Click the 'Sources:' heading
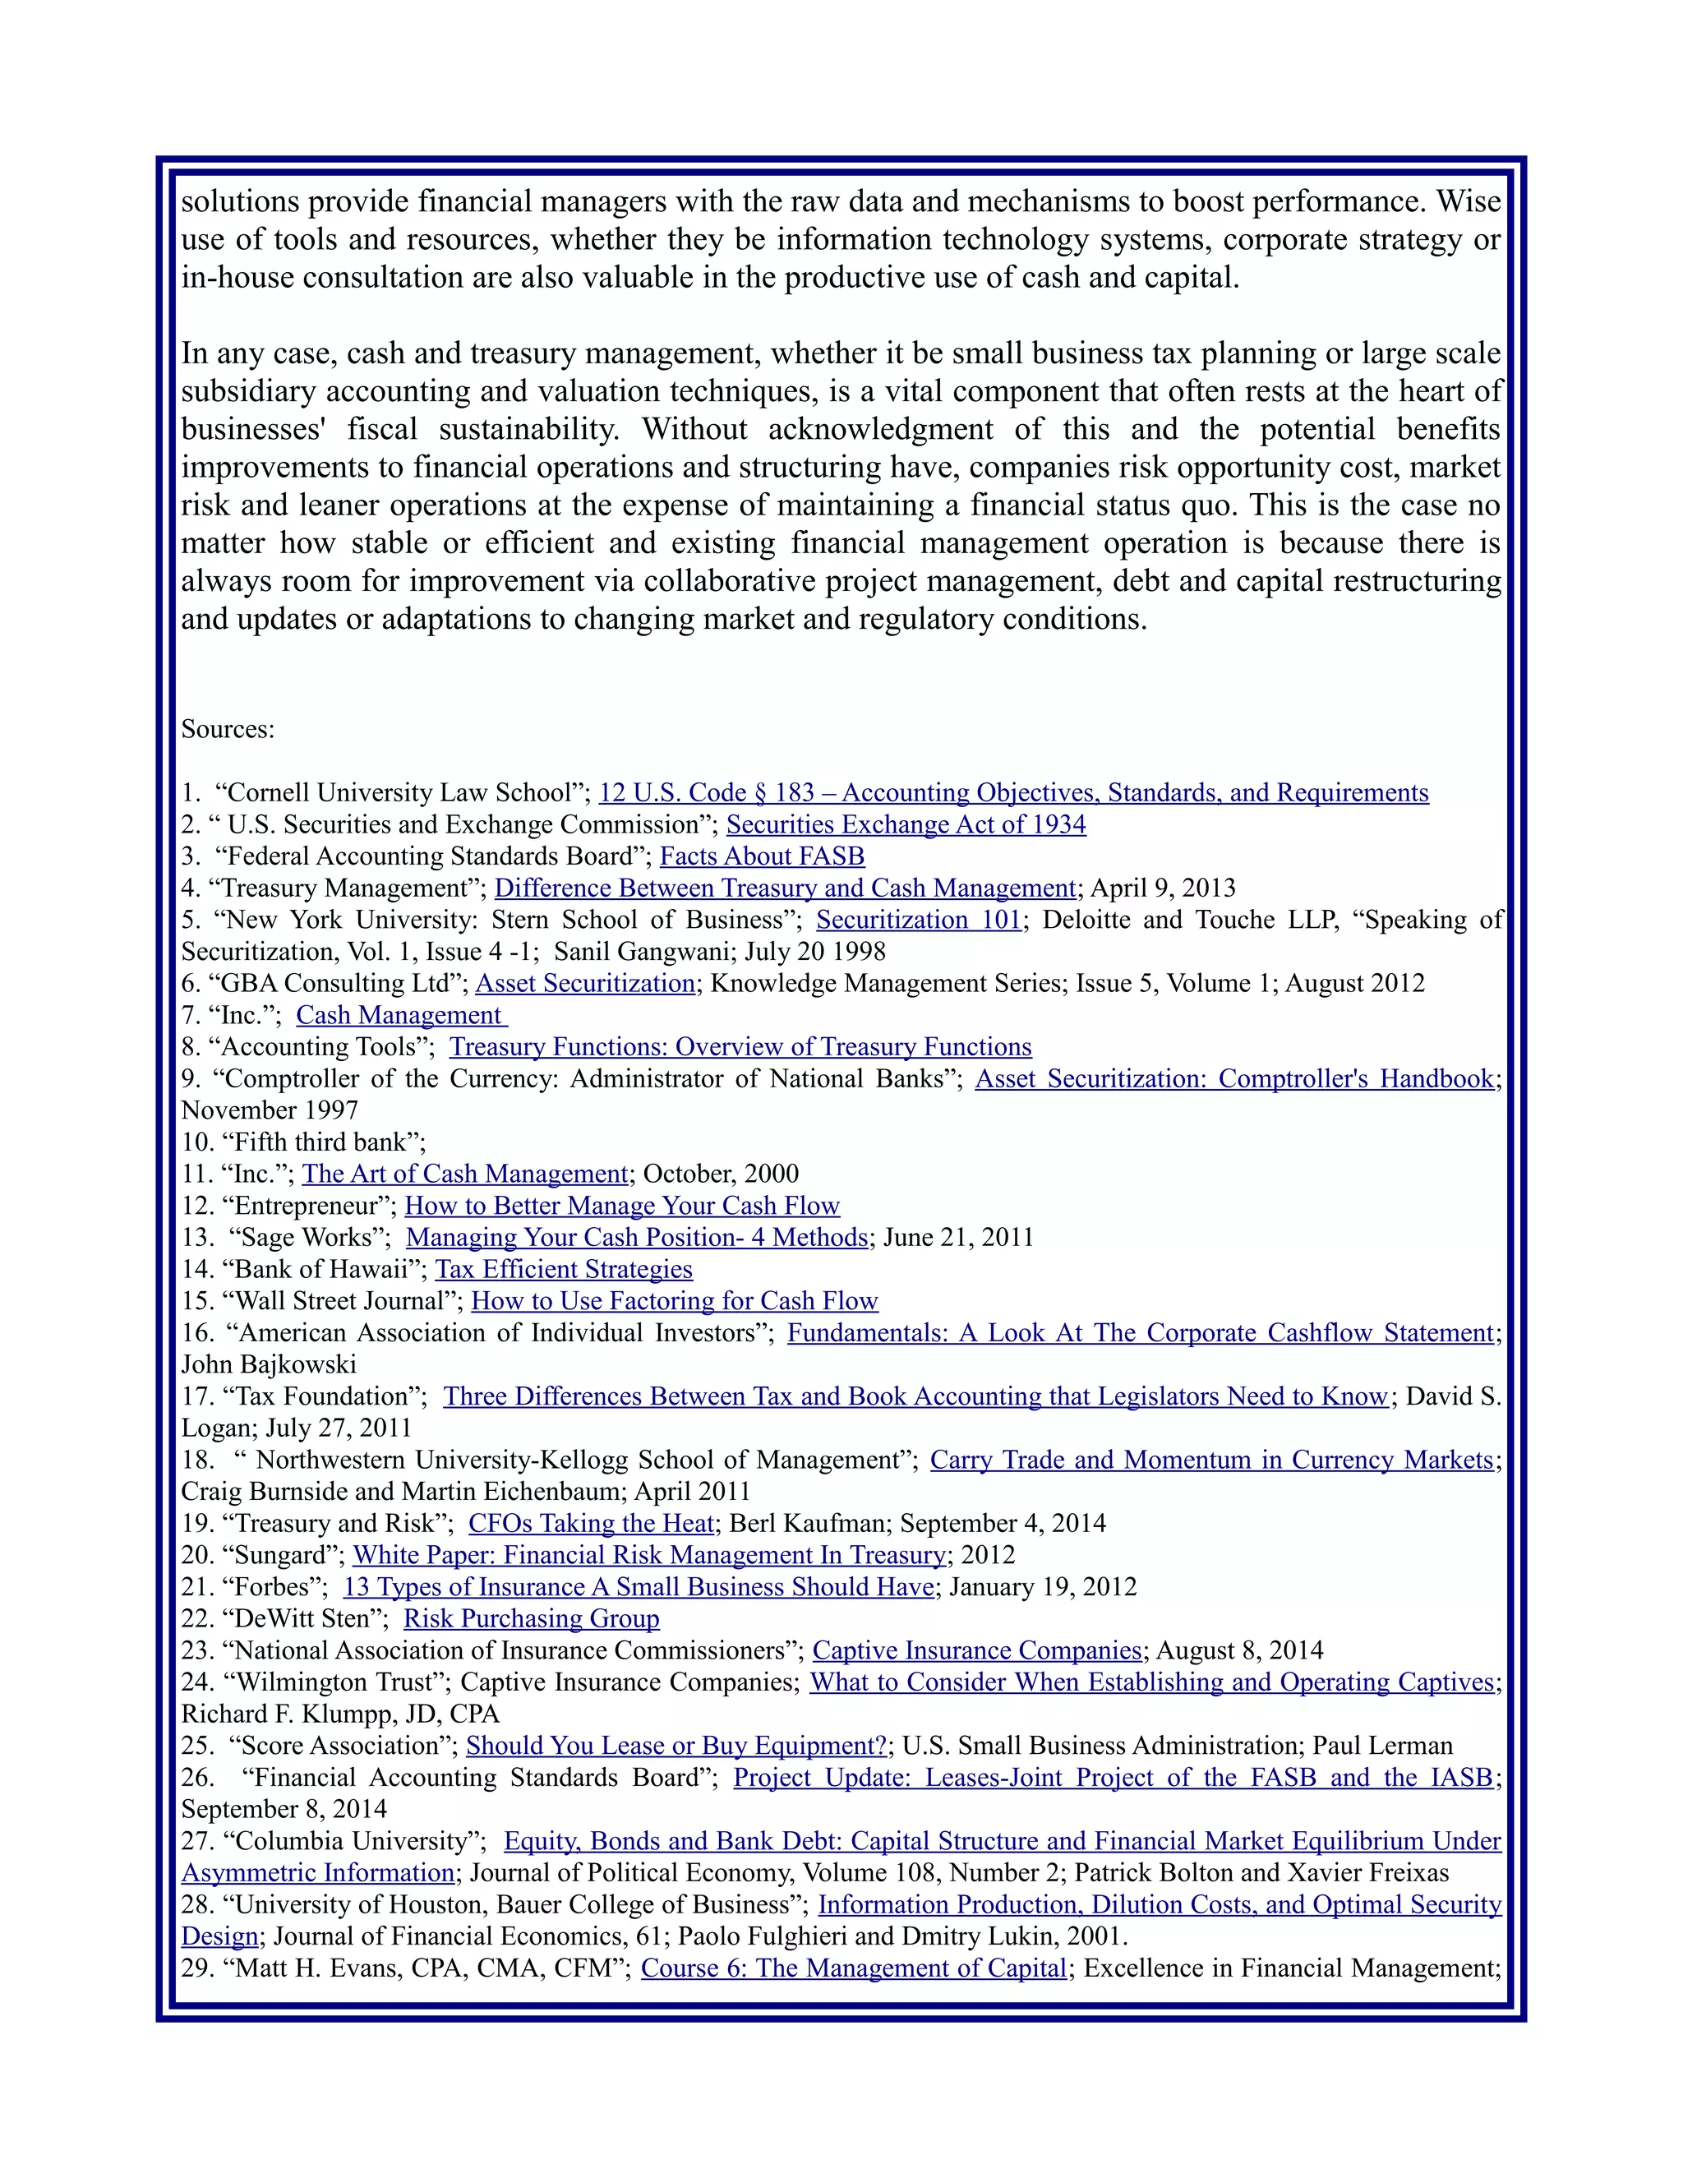(228, 729)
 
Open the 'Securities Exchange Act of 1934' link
(906, 824)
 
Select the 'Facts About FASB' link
(762, 856)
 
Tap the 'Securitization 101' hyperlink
(918, 920)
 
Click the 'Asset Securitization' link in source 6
(584, 983)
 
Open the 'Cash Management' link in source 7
(401, 1015)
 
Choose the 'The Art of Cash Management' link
(464, 1174)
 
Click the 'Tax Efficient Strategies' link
(563, 1270)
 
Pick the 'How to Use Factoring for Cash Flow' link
(674, 1301)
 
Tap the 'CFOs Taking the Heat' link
(591, 1524)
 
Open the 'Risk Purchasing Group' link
(532, 1618)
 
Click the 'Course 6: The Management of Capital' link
(854, 1968)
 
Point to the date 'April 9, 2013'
(1163, 888)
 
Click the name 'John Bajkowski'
(268, 1364)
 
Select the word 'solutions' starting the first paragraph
(239, 201)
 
